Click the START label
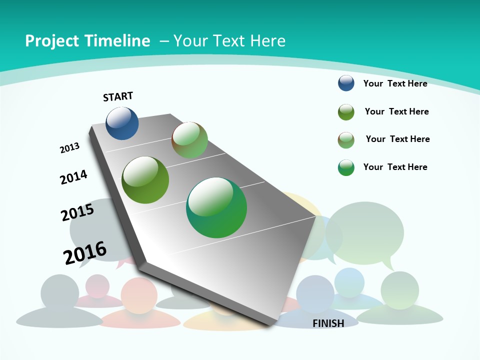[118, 96]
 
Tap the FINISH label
[328, 323]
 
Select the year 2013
[69, 148]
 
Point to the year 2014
[73, 177]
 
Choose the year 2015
[77, 212]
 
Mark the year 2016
[85, 253]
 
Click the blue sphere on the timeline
[122, 123]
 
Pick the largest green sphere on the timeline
[216, 207]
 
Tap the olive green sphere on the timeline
[145, 180]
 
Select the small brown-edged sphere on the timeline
[189, 140]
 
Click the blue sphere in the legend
[346, 83]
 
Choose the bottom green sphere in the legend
[346, 167]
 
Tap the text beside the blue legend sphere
[395, 83]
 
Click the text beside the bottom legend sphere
[395, 167]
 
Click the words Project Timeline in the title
[87, 41]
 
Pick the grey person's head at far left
[59, 293]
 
